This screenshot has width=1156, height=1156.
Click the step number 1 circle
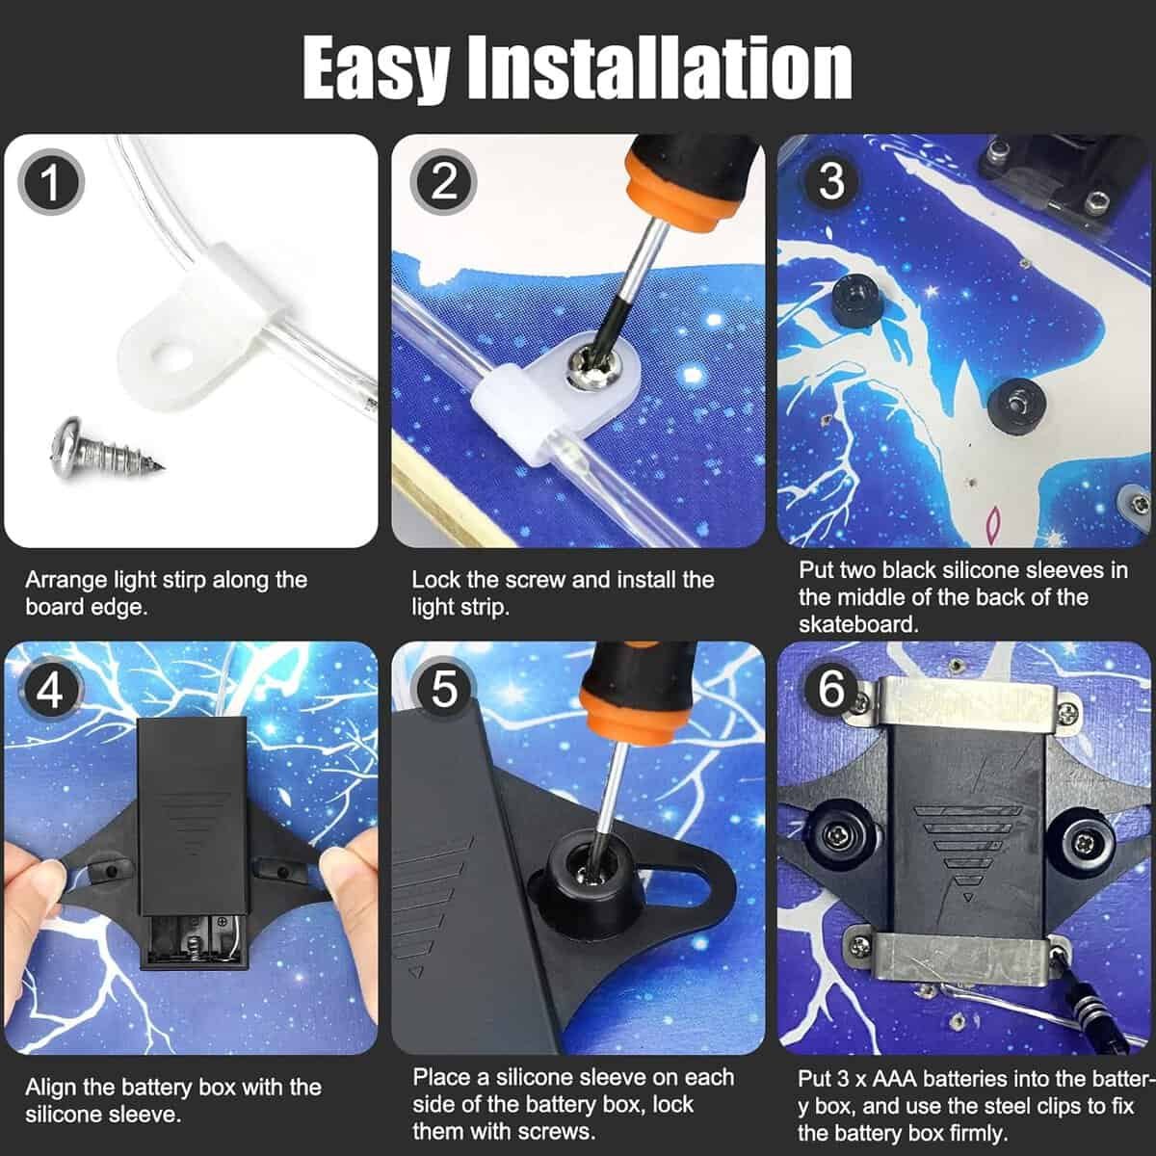(51, 183)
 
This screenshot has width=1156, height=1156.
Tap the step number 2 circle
(443, 182)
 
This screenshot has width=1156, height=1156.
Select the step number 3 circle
(830, 182)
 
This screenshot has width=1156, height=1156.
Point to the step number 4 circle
(51, 690)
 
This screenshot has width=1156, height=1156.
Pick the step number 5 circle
(443, 690)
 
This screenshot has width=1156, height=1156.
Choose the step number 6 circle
(830, 690)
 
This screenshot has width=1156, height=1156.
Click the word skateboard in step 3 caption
(858, 623)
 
